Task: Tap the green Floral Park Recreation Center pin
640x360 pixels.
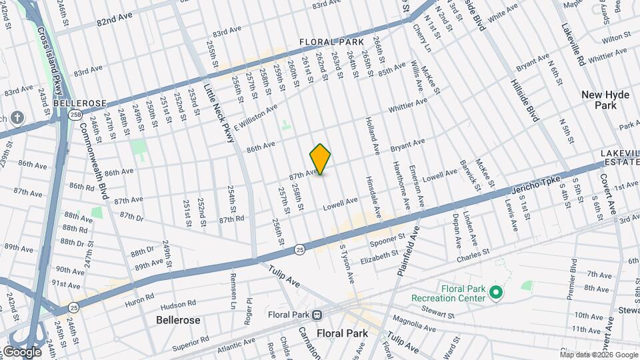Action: (x=495, y=292)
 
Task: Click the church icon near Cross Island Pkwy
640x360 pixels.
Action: (x=17, y=119)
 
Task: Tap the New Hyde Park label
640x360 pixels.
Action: (x=605, y=100)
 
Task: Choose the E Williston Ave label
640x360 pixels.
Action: (x=255, y=117)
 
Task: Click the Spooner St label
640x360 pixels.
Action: (x=387, y=238)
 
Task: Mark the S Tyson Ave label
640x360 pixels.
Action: (x=345, y=263)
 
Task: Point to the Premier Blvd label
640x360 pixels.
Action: (x=573, y=279)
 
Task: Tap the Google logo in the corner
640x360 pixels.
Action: (x=21, y=351)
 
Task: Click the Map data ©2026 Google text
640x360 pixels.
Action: (x=599, y=355)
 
